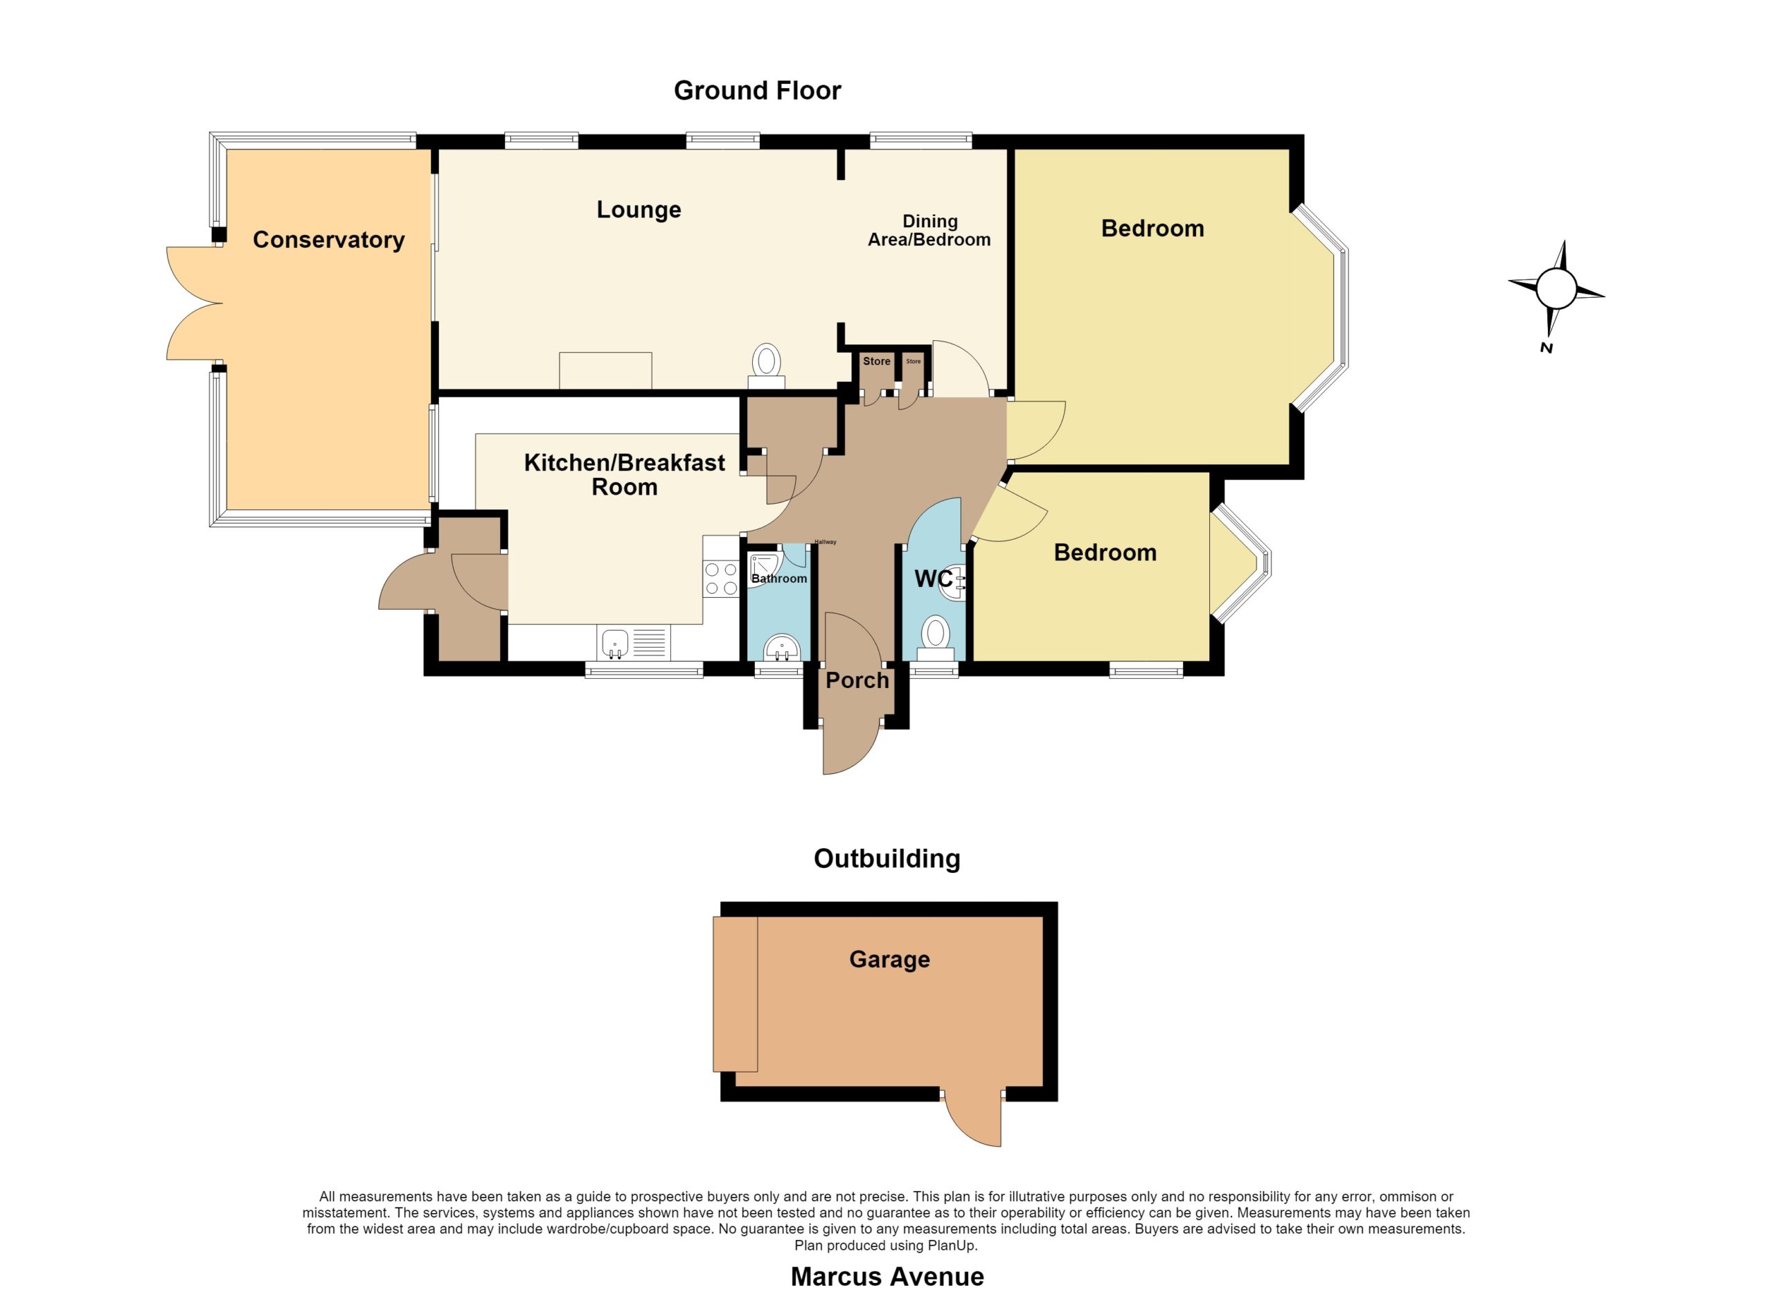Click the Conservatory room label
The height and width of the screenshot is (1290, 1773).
(x=328, y=240)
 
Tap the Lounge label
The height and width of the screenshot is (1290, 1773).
(x=639, y=209)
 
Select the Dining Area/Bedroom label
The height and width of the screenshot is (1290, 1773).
(x=929, y=231)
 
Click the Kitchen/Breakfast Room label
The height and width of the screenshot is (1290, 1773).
(x=625, y=475)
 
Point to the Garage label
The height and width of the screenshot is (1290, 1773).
(x=890, y=960)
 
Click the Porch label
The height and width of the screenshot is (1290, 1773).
(x=857, y=680)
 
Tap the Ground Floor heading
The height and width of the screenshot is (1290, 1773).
(x=758, y=91)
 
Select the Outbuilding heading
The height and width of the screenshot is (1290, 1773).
(x=887, y=858)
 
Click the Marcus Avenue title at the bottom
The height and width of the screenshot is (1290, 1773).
(x=887, y=1277)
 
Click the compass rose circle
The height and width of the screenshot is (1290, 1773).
(x=1556, y=288)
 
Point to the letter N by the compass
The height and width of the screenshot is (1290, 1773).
(x=1546, y=348)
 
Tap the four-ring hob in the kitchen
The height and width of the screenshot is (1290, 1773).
(x=721, y=579)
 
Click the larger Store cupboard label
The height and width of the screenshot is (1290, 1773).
(x=876, y=361)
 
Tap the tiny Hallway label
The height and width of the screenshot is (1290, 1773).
(x=826, y=542)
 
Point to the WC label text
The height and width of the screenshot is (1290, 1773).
(x=934, y=579)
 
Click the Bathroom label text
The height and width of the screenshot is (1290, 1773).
(x=778, y=578)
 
